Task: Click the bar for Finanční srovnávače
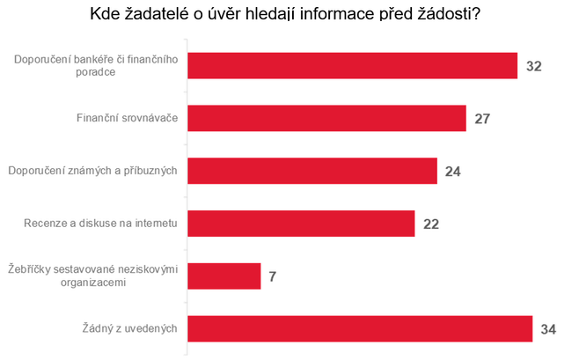pyautogui.click(x=326, y=118)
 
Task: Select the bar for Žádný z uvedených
pyautogui.click(x=360, y=328)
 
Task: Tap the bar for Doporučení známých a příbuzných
pyautogui.click(x=312, y=171)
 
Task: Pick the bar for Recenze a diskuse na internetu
pyautogui.click(x=301, y=224)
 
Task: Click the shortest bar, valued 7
pyautogui.click(x=224, y=276)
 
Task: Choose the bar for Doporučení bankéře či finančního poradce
pyautogui.click(x=352, y=65)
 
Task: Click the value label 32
pyautogui.click(x=534, y=66)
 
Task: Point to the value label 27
pyautogui.click(x=481, y=119)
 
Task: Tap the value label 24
pyautogui.click(x=453, y=172)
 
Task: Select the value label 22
pyautogui.click(x=431, y=224)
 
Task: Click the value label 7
pyautogui.click(x=273, y=277)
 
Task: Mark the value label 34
pyautogui.click(x=549, y=329)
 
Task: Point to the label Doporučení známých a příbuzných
pyautogui.click(x=92, y=171)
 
